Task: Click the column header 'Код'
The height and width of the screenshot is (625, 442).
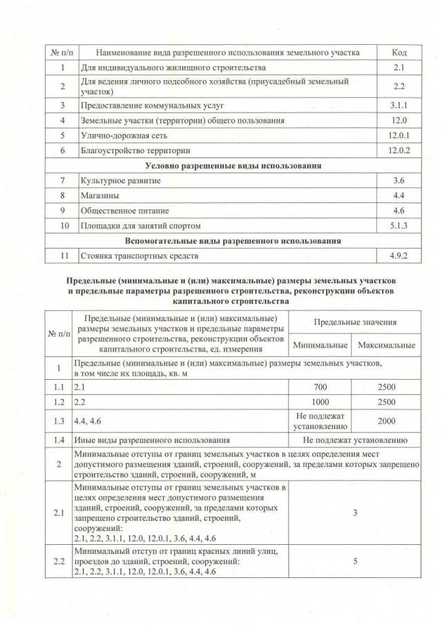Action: pyautogui.click(x=398, y=52)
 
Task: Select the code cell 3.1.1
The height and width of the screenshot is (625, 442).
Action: pyautogui.click(x=398, y=106)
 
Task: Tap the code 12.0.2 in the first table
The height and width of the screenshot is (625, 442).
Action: pyautogui.click(x=398, y=150)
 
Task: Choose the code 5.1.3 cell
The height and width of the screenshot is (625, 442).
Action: pyautogui.click(x=398, y=225)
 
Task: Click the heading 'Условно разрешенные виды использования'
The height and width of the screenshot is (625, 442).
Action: pyautogui.click(x=233, y=166)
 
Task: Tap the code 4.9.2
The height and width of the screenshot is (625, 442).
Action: pyautogui.click(x=398, y=256)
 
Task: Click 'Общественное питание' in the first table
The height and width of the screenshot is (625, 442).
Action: pyautogui.click(x=125, y=210)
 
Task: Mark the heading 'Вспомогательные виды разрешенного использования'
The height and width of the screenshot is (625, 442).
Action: pyautogui.click(x=233, y=241)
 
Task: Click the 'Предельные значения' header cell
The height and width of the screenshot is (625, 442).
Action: pyautogui.click(x=355, y=323)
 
